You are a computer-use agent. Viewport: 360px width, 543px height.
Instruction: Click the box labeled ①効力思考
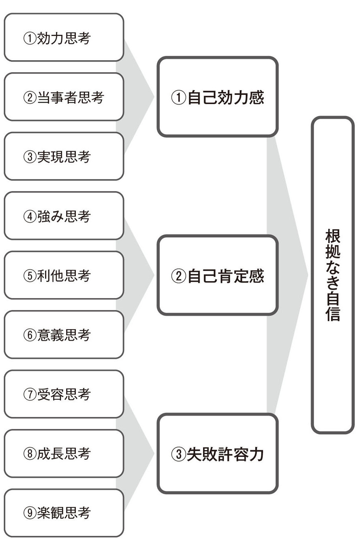click(x=64, y=38)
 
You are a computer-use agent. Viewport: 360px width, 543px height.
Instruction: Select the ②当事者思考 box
click(x=64, y=97)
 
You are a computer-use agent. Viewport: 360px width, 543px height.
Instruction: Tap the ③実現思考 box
click(x=64, y=156)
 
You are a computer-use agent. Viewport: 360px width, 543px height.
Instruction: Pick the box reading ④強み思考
click(x=64, y=216)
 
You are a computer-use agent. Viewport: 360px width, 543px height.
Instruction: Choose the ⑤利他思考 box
click(x=64, y=275)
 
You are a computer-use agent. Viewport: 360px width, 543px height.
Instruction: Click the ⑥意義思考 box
click(x=64, y=335)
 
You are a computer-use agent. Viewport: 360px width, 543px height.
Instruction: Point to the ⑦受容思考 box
click(x=64, y=394)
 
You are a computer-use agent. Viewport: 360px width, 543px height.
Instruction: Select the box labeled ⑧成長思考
click(x=64, y=453)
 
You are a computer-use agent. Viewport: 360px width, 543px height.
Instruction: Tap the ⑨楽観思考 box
click(x=64, y=513)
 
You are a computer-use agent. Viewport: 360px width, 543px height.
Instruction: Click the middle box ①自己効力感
click(x=217, y=97)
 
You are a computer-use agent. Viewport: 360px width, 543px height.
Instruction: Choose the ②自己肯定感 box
click(x=217, y=275)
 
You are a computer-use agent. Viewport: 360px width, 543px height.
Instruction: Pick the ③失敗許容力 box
click(x=217, y=454)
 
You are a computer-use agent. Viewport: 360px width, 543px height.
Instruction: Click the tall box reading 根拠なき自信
click(x=333, y=275)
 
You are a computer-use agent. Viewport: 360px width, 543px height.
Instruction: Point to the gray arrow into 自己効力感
click(x=137, y=97)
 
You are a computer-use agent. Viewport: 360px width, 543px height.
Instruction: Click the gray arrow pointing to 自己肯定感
click(x=137, y=275)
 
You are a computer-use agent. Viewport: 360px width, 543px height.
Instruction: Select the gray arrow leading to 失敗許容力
click(x=137, y=454)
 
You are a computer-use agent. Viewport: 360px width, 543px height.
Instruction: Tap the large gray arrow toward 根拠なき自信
click(x=287, y=275)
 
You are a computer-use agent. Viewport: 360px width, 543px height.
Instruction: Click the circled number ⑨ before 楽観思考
click(x=30, y=513)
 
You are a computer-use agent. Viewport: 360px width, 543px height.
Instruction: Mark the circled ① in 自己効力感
click(x=178, y=97)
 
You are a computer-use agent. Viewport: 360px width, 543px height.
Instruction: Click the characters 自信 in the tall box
click(x=333, y=306)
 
